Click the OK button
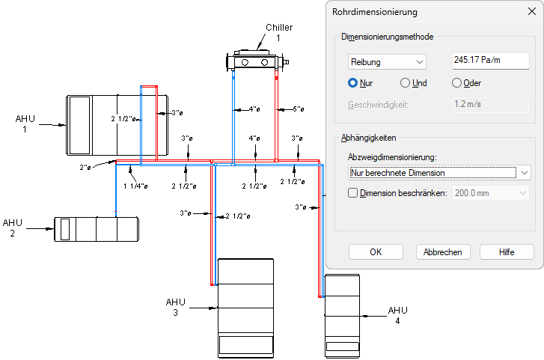[376, 252]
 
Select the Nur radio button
[353, 83]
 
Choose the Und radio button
[406, 83]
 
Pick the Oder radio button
[456, 83]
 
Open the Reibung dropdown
[388, 61]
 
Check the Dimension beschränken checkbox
[354, 193]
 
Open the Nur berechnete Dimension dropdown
[440, 173]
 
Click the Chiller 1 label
[278, 32]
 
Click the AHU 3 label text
[175, 307]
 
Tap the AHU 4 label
[397, 315]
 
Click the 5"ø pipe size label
[298, 109]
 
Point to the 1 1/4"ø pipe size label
[135, 186]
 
